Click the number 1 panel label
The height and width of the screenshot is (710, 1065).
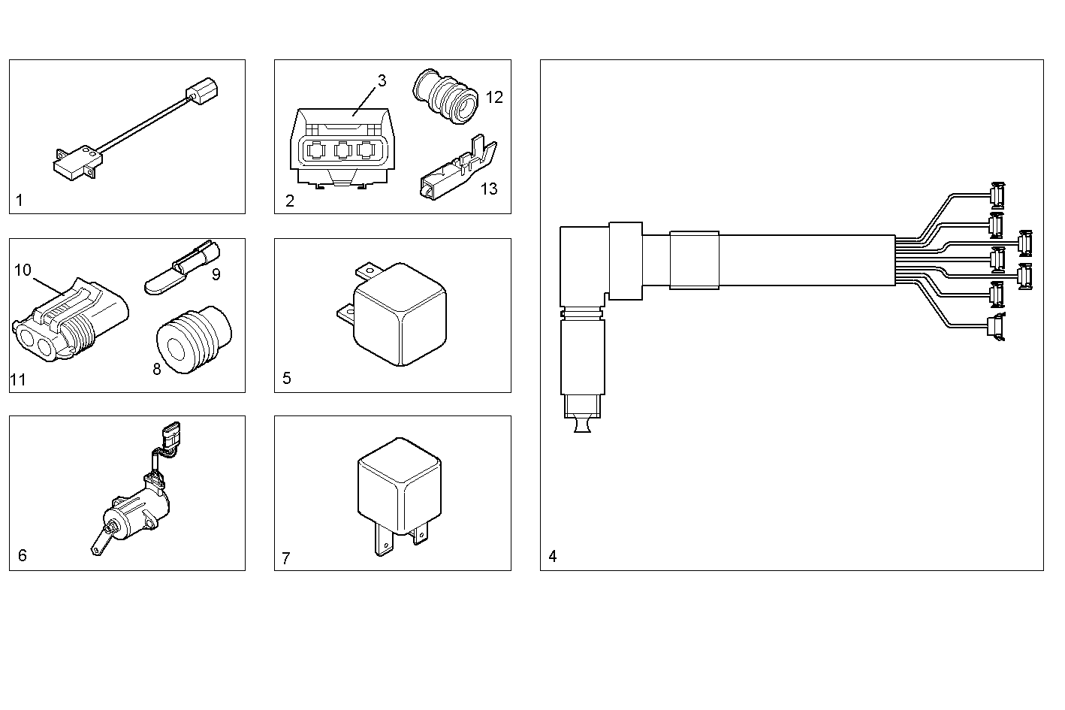click(x=20, y=200)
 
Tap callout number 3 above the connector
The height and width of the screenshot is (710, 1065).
click(x=382, y=81)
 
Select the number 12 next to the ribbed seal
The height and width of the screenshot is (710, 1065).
click(x=494, y=98)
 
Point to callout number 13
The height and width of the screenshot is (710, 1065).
click(x=489, y=189)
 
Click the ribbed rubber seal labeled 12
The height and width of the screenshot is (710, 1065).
click(x=446, y=98)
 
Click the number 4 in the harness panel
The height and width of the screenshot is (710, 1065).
click(x=553, y=557)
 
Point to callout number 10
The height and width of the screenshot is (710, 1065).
click(x=23, y=269)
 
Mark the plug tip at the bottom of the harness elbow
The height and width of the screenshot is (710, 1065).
click(x=582, y=425)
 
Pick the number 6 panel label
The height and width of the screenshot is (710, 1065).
click(x=23, y=555)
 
